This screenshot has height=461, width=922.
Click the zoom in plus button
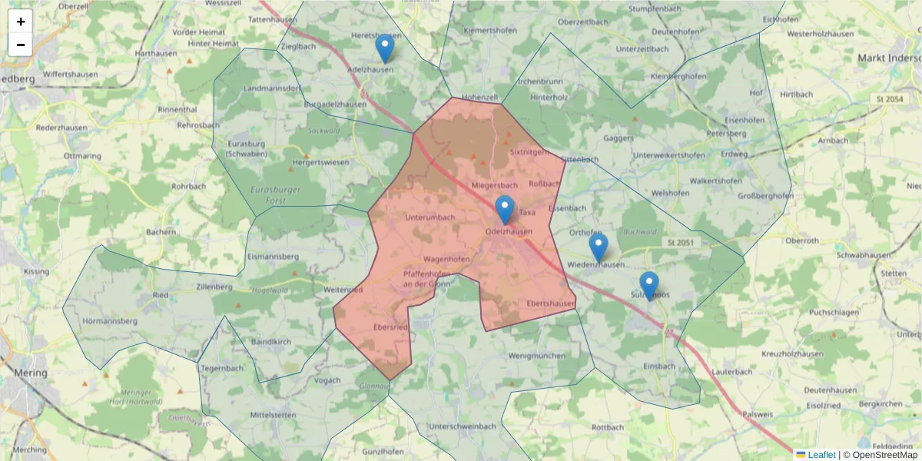pyautogui.click(x=21, y=22)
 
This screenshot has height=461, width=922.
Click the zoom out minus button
pyautogui.click(x=21, y=45)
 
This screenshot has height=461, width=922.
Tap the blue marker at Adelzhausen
pyautogui.click(x=385, y=48)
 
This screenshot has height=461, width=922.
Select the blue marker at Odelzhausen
pyautogui.click(x=504, y=210)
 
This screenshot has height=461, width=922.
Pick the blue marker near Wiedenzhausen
pyautogui.click(x=598, y=247)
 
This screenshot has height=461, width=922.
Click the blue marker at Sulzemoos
pyautogui.click(x=649, y=286)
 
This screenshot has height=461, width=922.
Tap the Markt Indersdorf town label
pyautogui.click(x=888, y=58)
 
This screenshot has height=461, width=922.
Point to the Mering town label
pyautogui.click(x=31, y=373)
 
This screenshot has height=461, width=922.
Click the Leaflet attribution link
pyautogui.click(x=821, y=455)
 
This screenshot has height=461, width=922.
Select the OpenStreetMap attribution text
pyautogui.click(x=884, y=455)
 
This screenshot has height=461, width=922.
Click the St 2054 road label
pyautogui.click(x=889, y=99)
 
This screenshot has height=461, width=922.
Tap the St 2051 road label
pyautogui.click(x=681, y=243)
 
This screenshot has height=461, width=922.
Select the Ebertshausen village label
pyautogui.click(x=551, y=304)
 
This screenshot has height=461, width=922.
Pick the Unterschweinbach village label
pyautogui.click(x=463, y=426)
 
